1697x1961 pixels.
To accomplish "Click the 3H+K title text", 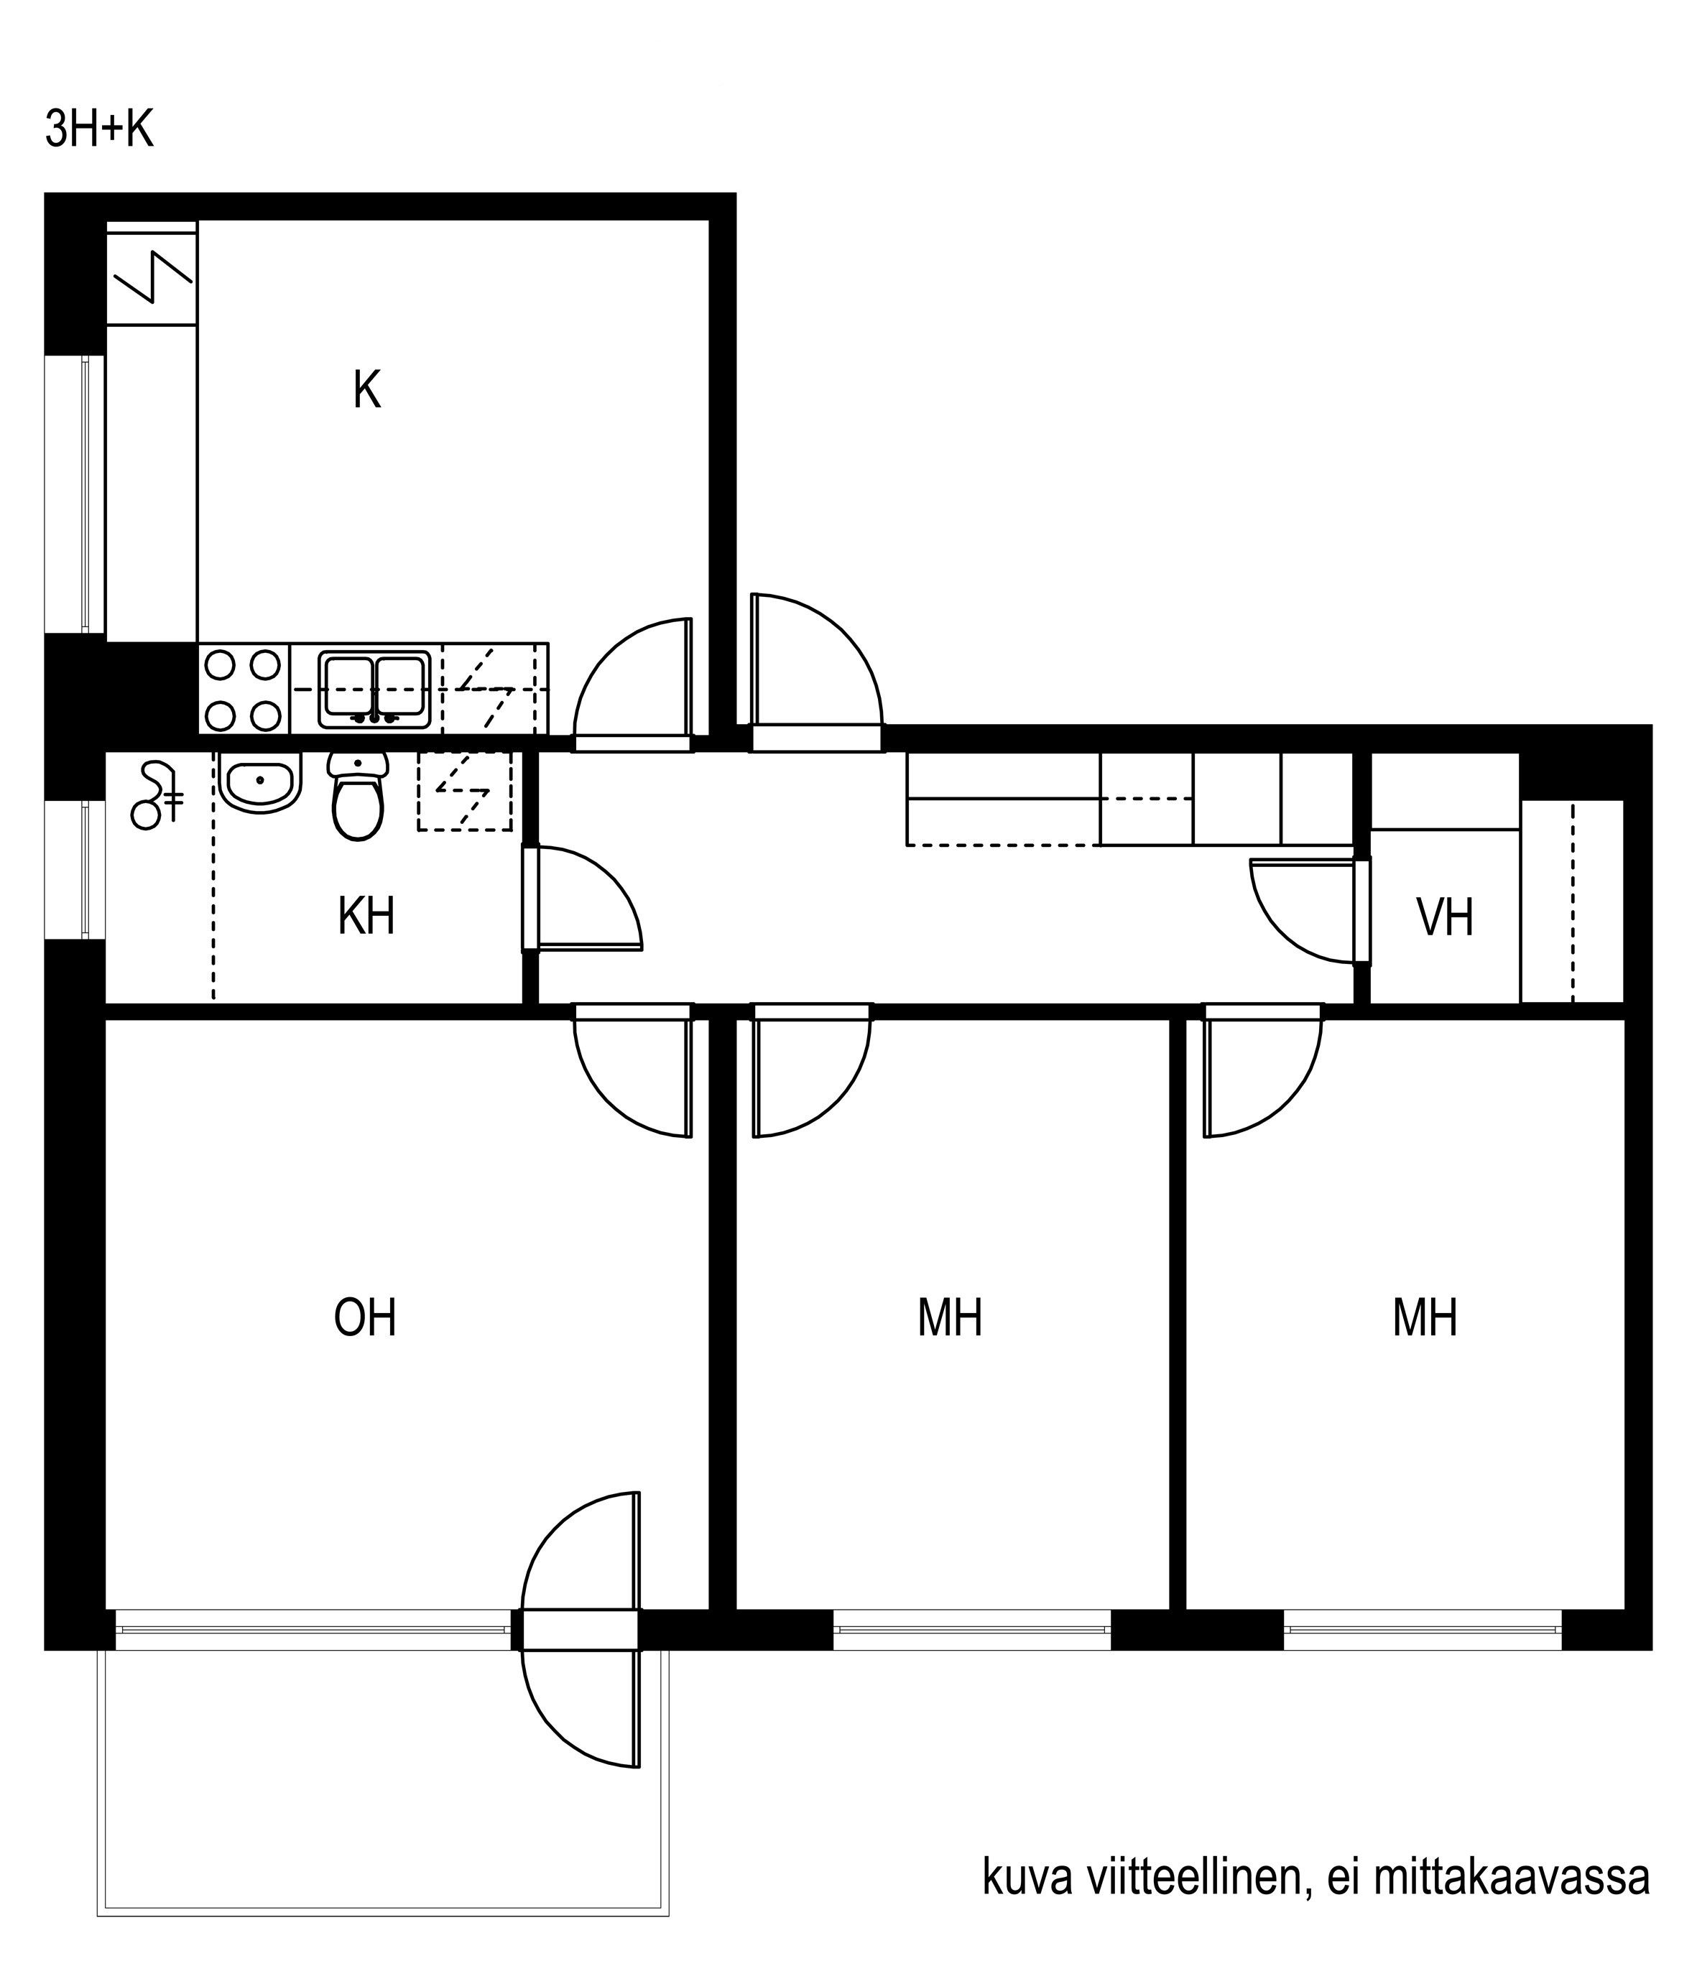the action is pyautogui.click(x=99, y=130).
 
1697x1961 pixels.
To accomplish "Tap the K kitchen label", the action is pyautogui.click(x=366, y=390).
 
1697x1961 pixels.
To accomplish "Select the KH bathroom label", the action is pyautogui.click(x=366, y=917).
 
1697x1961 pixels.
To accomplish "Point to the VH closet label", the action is pyautogui.click(x=1445, y=917).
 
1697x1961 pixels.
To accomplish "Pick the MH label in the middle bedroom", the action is pyautogui.click(x=950, y=1318).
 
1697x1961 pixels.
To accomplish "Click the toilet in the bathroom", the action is pyautogui.click(x=358, y=797).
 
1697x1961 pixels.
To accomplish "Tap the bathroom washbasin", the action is pyautogui.click(x=259, y=782).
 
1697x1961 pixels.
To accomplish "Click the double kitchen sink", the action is pyautogui.click(x=374, y=690).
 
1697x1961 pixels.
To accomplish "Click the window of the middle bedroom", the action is pyautogui.click(x=971, y=1628).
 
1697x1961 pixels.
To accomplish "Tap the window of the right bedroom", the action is pyautogui.click(x=1423, y=1628).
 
